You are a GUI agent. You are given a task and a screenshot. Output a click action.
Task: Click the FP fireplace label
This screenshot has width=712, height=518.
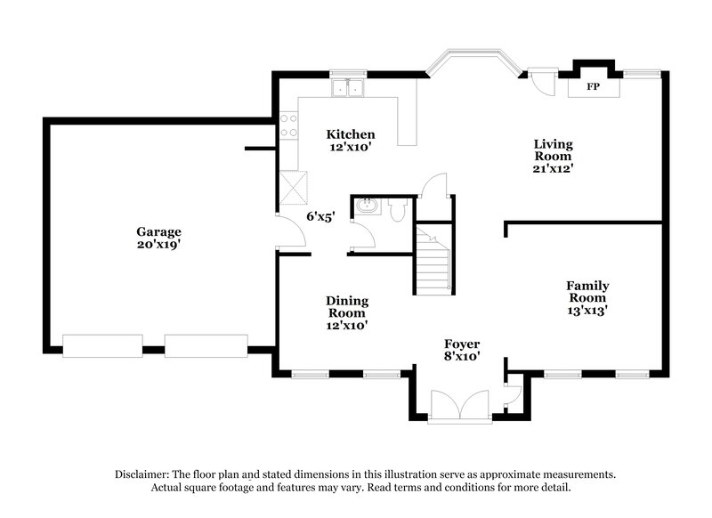591,88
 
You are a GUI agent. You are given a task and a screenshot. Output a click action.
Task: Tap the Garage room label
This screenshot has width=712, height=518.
158,231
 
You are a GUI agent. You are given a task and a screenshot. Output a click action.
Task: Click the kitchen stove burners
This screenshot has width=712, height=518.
288,125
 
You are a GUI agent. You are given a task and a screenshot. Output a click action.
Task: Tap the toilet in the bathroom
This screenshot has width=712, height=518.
397,208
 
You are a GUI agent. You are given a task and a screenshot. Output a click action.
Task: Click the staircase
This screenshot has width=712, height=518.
434,259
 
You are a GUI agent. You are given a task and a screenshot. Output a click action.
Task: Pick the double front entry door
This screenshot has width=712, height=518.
459,405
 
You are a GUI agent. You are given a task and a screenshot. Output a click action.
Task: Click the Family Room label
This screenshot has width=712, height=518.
587,291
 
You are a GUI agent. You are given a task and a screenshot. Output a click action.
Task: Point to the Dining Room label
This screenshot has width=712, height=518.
347,307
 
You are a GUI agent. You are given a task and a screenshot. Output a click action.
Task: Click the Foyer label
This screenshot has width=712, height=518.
463,344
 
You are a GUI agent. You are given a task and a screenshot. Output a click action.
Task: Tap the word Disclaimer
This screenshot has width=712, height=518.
144,474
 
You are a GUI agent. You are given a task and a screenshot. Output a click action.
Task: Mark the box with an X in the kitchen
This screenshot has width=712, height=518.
294,188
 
